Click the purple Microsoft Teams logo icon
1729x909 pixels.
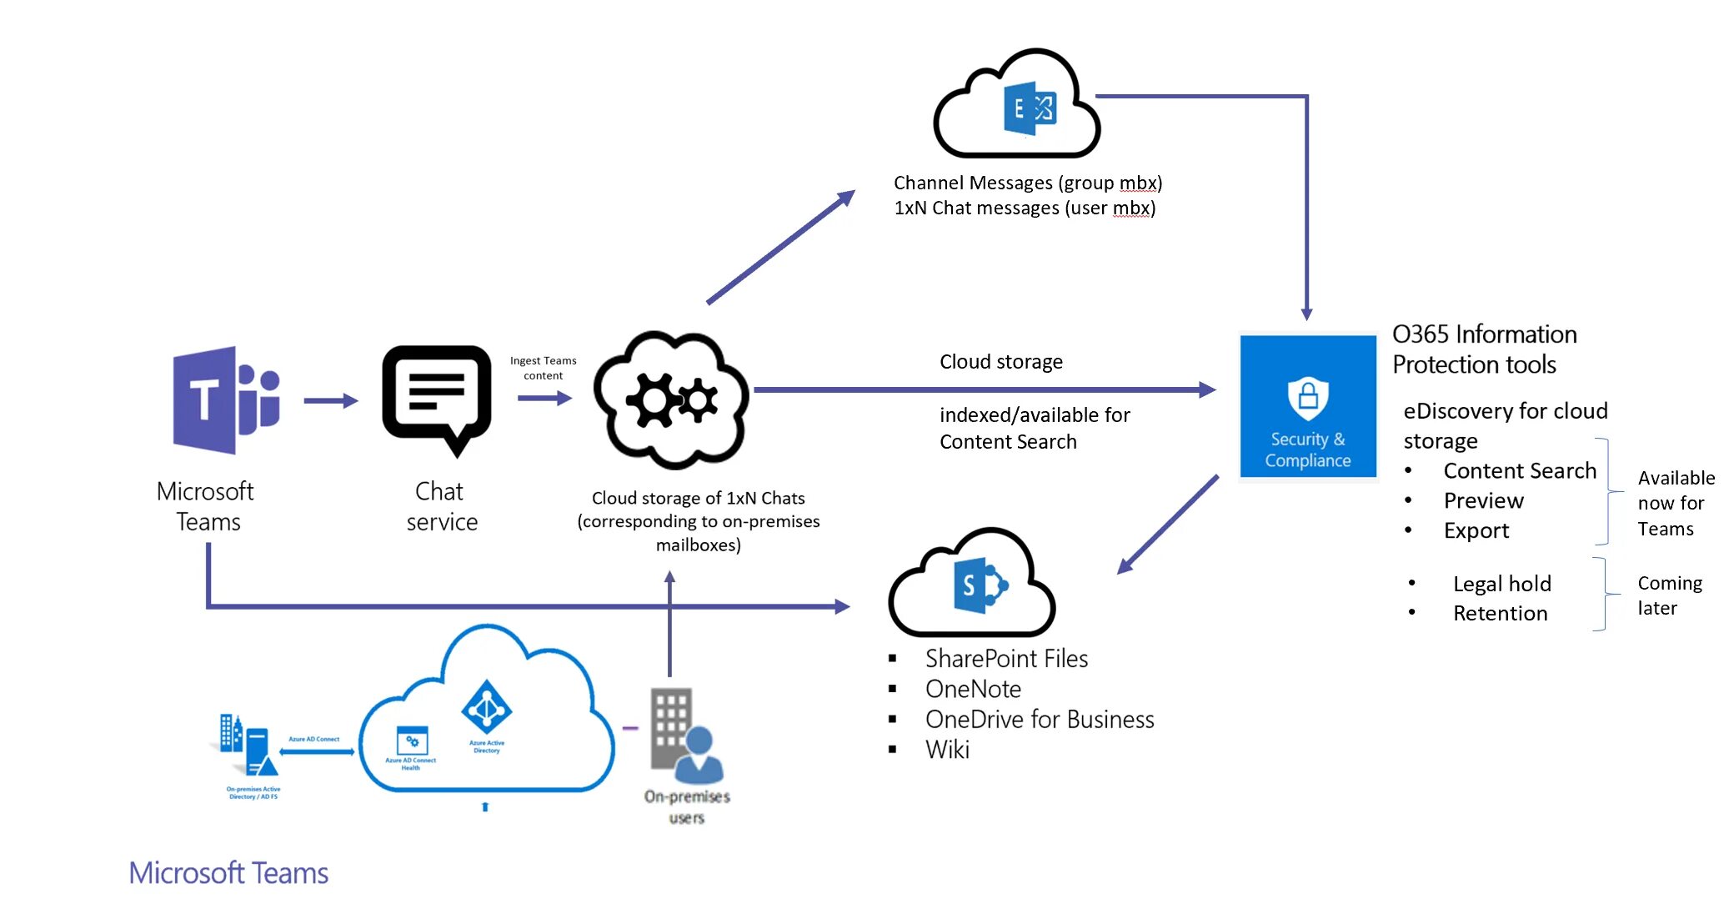pyautogui.click(x=225, y=399)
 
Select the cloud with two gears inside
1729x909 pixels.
pyautogui.click(x=671, y=399)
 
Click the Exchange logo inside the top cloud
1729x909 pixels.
pyautogui.click(x=1030, y=108)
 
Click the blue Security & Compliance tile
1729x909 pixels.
pyautogui.click(x=1307, y=406)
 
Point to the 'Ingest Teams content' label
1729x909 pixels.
pyautogui.click(x=543, y=368)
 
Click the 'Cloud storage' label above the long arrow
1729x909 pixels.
pyautogui.click(x=1000, y=362)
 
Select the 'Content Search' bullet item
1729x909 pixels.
pyautogui.click(x=1519, y=471)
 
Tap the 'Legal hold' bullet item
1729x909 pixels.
pyautogui.click(x=1501, y=584)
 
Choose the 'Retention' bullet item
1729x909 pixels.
pyautogui.click(x=1500, y=614)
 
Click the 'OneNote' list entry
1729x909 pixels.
pyautogui.click(x=973, y=690)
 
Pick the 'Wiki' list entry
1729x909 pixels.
pyautogui.click(x=947, y=750)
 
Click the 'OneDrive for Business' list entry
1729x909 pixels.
pyautogui.click(x=1039, y=720)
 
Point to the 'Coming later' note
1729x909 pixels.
pyautogui.click(x=1669, y=595)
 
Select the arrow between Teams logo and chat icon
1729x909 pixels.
pyautogui.click(x=330, y=401)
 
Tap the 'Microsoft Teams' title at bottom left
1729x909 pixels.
pyautogui.click(x=228, y=873)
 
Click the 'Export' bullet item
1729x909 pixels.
pyautogui.click(x=1476, y=531)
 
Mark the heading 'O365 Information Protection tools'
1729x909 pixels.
pyautogui.click(x=1484, y=349)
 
